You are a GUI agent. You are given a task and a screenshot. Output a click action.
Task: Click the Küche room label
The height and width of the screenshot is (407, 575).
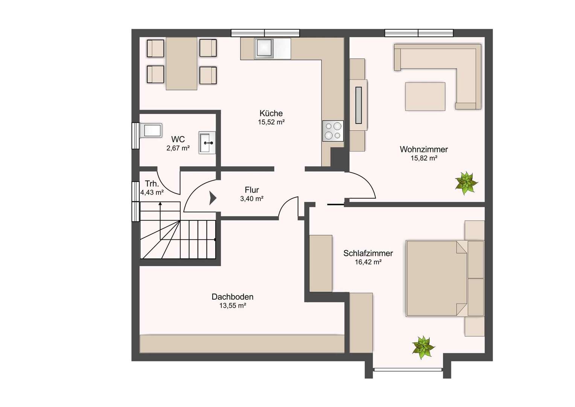point(271,113)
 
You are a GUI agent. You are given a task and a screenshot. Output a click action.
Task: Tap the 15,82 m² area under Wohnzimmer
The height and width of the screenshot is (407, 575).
point(424,158)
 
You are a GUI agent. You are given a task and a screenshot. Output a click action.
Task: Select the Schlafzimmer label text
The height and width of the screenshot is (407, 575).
point(368,253)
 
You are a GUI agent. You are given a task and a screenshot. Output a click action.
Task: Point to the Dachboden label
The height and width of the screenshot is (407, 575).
point(232,297)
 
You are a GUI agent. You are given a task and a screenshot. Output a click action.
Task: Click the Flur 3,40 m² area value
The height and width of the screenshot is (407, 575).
point(252,199)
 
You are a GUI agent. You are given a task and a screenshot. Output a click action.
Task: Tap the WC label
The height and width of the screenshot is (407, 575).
point(178,139)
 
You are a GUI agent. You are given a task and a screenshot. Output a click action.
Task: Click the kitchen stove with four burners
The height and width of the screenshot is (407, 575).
point(333,131)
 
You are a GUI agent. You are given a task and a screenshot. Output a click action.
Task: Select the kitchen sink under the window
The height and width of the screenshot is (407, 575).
point(264,49)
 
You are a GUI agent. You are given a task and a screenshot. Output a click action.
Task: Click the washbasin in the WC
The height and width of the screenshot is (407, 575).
point(207,143)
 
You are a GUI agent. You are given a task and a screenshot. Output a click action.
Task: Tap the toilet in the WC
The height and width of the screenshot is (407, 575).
point(151,131)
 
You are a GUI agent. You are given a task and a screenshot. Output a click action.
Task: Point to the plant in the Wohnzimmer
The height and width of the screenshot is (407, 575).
point(466,183)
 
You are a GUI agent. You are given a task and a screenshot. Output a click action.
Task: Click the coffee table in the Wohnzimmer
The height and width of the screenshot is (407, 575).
point(425,96)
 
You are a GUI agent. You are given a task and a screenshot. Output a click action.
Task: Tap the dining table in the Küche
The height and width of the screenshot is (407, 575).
point(181,64)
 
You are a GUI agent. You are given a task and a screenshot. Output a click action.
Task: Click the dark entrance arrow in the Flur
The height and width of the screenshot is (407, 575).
point(213,198)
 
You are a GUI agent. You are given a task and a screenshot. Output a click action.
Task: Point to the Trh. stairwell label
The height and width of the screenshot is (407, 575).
point(152,184)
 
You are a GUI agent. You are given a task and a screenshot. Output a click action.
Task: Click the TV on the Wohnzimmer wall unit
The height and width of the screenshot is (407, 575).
point(358,105)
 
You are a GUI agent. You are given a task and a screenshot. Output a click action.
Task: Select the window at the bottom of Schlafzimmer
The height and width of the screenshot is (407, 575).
point(408,370)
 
